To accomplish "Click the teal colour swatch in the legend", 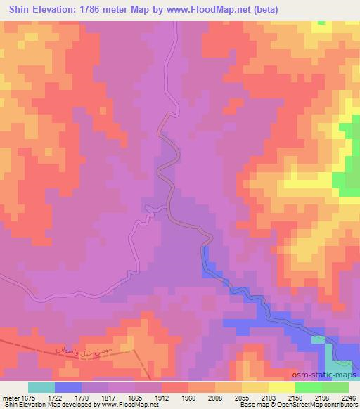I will pos(41,387).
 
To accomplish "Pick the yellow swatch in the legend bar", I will pos(281,387).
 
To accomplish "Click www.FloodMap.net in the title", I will pos(210,10).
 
